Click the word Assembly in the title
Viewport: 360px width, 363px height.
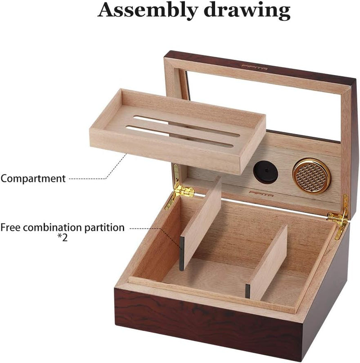(x=148, y=10)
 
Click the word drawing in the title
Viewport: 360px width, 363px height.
(x=247, y=10)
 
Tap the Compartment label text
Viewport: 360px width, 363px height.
(x=33, y=179)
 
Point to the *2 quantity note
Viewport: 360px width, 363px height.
(x=63, y=238)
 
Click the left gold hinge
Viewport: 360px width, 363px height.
(x=180, y=188)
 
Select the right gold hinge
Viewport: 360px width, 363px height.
(x=339, y=218)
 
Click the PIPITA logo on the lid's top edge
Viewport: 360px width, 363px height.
(x=255, y=67)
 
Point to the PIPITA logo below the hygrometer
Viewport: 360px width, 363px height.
(x=261, y=194)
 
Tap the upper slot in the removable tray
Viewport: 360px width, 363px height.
(x=186, y=126)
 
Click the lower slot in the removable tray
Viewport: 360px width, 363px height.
(x=180, y=137)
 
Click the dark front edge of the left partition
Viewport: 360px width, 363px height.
(x=182, y=254)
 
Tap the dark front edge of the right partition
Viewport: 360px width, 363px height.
(x=248, y=291)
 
